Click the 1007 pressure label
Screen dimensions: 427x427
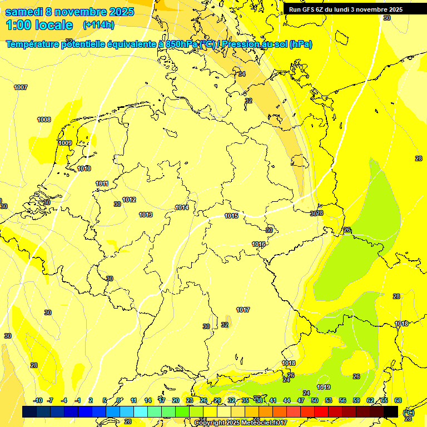tap(21, 87)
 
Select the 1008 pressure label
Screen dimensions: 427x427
tap(44, 120)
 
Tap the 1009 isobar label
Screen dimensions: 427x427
tap(65, 143)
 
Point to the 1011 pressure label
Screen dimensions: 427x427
tap(102, 183)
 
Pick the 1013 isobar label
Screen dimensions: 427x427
tap(146, 215)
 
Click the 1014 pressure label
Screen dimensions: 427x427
tap(182, 207)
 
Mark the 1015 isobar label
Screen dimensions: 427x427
tap(231, 216)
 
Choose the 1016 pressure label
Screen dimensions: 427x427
tap(258, 244)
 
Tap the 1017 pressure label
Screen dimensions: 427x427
tap(242, 310)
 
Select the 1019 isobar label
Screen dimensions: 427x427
tap(324, 387)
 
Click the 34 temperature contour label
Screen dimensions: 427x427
tap(242, 74)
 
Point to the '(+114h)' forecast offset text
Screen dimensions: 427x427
tap(98, 25)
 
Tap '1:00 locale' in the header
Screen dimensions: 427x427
tap(39, 25)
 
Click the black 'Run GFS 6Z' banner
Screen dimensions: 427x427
tap(345, 9)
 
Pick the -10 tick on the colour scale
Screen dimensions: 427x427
tap(38, 400)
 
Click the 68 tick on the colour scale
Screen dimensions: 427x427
tap(398, 400)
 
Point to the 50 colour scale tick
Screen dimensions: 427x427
tap(315, 400)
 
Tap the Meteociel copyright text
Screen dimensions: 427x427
tap(240, 423)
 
